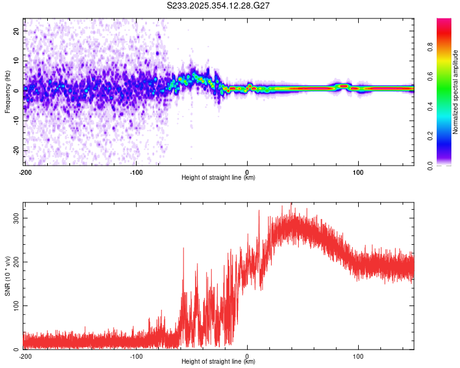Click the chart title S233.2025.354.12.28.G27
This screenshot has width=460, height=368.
coord(219,6)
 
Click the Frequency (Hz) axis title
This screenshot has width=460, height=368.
coord(7,92)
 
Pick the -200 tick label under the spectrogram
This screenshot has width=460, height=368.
coord(25,171)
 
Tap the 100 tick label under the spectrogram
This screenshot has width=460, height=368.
coord(358,171)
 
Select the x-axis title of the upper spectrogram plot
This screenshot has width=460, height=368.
coord(219,178)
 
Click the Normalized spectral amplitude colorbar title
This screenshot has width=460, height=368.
coord(456,92)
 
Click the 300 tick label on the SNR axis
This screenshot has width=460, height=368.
coord(14,218)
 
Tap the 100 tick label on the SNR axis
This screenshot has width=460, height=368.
coord(14,305)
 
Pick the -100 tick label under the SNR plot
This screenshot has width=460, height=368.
coord(136,356)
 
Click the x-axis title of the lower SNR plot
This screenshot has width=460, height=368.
coord(219,362)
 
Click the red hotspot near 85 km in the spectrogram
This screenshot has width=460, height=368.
coord(343,86)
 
